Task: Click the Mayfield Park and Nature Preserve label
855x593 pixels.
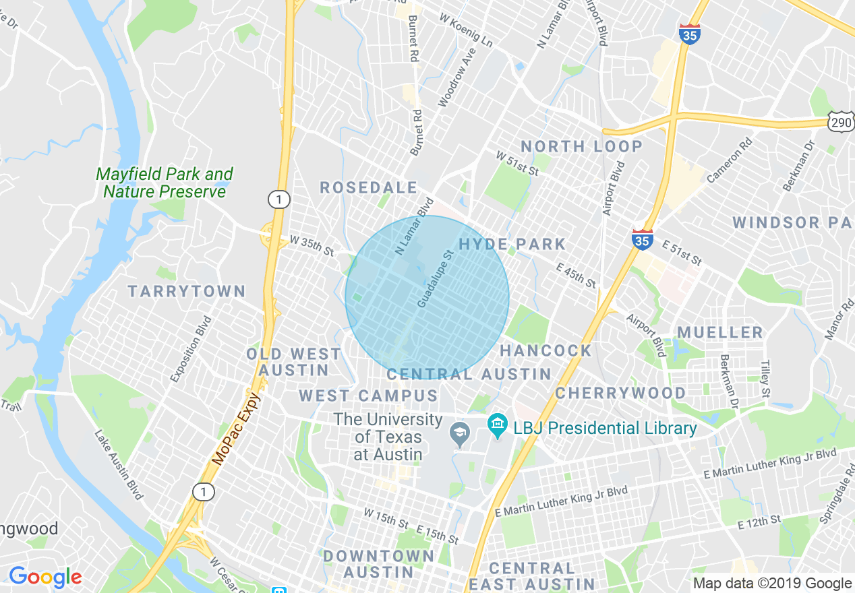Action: pyautogui.click(x=165, y=183)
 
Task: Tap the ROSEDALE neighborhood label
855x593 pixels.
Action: pyautogui.click(x=369, y=188)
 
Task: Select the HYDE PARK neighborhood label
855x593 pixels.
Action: pyautogui.click(x=512, y=244)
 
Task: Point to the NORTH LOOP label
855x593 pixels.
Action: pyautogui.click(x=581, y=146)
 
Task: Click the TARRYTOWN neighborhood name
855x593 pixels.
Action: pyautogui.click(x=187, y=292)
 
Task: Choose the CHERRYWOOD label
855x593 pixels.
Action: pyautogui.click(x=620, y=393)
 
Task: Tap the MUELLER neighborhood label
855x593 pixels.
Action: pyautogui.click(x=720, y=332)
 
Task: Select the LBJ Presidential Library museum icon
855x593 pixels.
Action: pyautogui.click(x=498, y=427)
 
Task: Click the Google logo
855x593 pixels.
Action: pyautogui.click(x=45, y=578)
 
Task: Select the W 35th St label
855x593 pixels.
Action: pyautogui.click(x=312, y=245)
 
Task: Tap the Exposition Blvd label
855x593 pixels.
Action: pyautogui.click(x=191, y=349)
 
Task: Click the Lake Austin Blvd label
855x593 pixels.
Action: pyautogui.click(x=119, y=465)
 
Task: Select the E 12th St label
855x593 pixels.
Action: pyautogui.click(x=759, y=522)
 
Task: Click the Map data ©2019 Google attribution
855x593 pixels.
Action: pyautogui.click(x=773, y=584)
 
